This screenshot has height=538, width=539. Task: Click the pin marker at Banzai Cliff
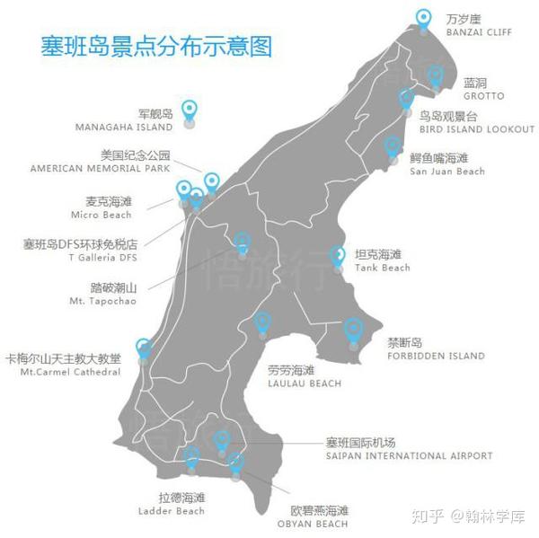pyautogui.click(x=424, y=17)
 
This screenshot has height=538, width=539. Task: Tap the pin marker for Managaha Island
pyautogui.click(x=189, y=110)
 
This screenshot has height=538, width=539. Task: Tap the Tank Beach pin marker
pyautogui.click(x=338, y=256)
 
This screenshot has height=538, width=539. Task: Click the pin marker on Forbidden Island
pyautogui.click(x=353, y=330)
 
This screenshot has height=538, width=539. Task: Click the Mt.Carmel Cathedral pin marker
pyautogui.click(x=143, y=347)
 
